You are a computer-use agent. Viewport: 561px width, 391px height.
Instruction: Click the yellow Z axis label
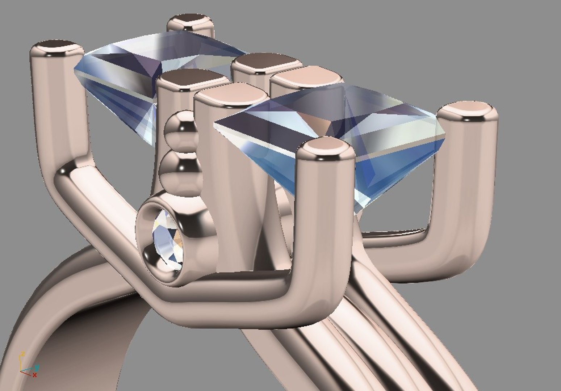pos(22,354)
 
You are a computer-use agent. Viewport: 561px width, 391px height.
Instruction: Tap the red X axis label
pos(35,375)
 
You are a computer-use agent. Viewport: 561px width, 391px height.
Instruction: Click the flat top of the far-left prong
pos(56,47)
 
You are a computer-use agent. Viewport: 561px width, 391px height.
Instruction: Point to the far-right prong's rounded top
pos(468,109)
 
